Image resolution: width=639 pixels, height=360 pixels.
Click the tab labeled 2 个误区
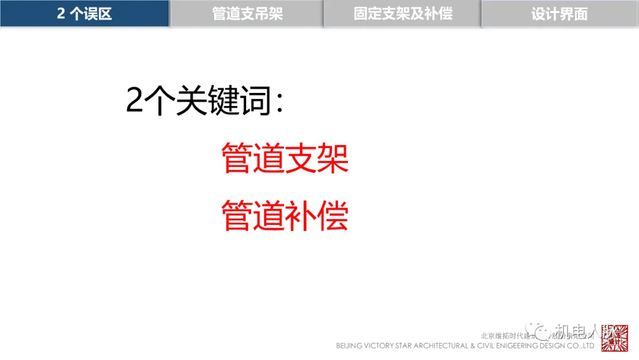(x=85, y=14)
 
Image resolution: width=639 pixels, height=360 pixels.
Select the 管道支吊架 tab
(x=247, y=14)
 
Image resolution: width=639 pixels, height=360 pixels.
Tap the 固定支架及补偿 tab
(x=403, y=14)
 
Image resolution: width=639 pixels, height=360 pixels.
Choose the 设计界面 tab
(x=559, y=14)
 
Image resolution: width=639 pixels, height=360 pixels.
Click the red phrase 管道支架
(x=285, y=157)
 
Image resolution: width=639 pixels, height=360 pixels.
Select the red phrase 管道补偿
(x=285, y=216)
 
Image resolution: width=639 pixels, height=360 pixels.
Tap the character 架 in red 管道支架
(x=333, y=157)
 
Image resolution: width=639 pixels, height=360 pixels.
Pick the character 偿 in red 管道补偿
(x=333, y=216)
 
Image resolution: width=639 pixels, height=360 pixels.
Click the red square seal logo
(x=615, y=338)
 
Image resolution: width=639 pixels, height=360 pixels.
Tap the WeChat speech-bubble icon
(x=538, y=330)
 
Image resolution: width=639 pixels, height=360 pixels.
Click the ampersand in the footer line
(x=472, y=346)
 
